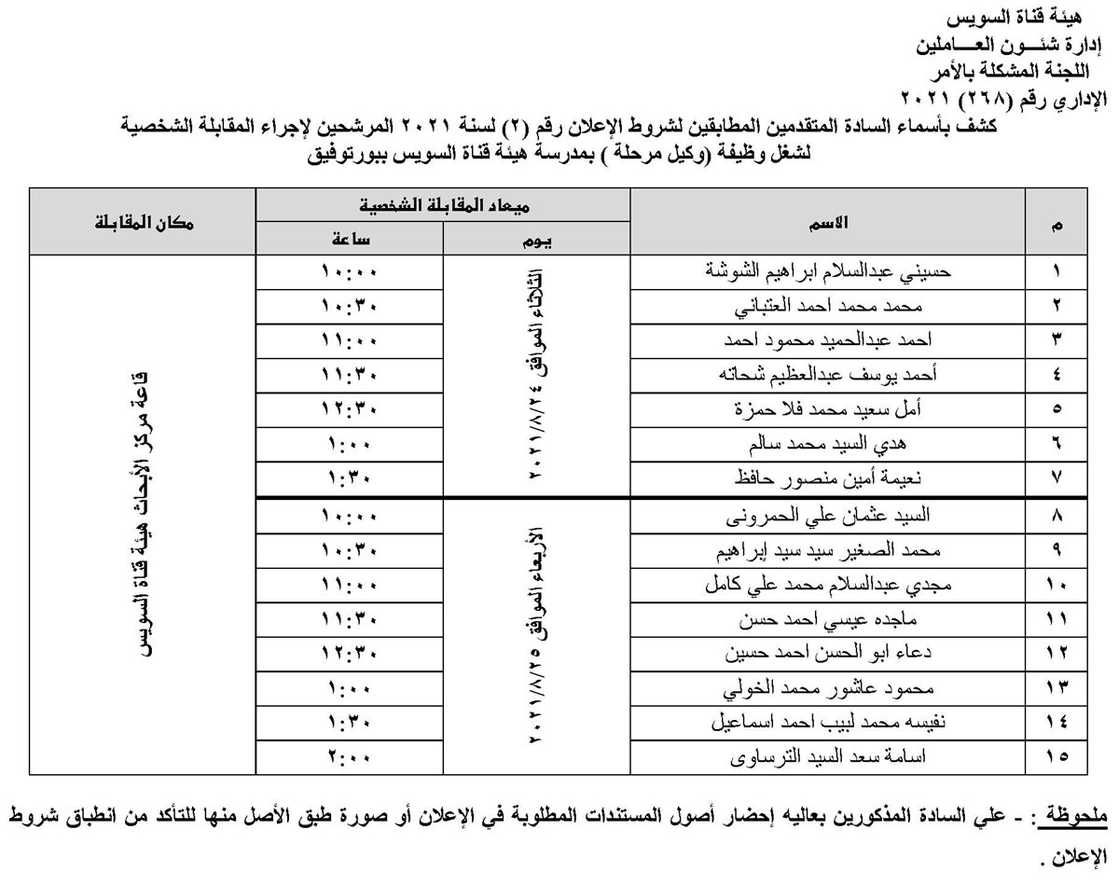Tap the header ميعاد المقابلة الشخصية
pos(444,203)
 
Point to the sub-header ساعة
pos(350,240)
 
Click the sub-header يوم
pos(536,240)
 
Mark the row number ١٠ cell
pos(1057,585)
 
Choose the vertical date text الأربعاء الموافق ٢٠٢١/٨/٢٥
pos(536,634)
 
